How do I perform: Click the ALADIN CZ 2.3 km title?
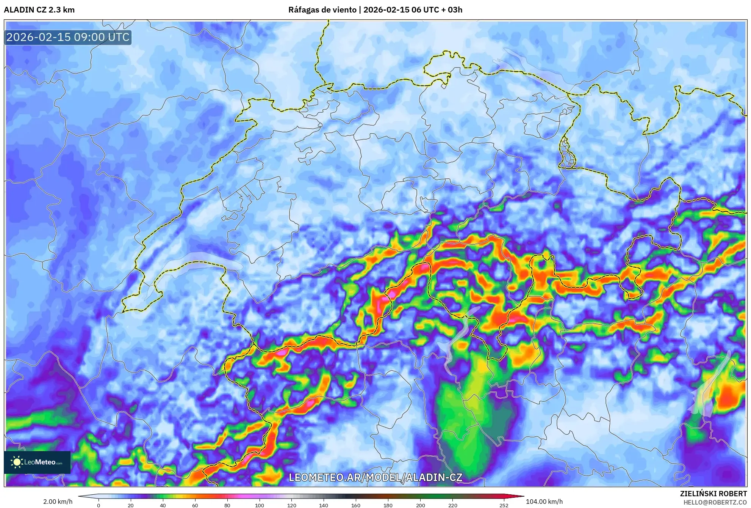tap(39, 10)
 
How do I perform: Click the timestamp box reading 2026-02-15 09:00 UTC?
tap(68, 37)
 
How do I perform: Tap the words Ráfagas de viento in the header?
tap(322, 10)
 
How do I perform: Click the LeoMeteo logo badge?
tap(37, 462)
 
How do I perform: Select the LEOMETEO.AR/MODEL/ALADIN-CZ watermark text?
tap(375, 477)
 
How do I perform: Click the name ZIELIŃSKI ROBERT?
tap(713, 494)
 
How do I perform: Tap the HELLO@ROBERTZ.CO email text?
tap(715, 502)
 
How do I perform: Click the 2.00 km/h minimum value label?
tap(58, 502)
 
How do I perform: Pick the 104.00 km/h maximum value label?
tap(544, 502)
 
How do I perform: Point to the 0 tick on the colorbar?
tap(99, 505)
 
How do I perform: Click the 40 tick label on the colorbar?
tap(163, 505)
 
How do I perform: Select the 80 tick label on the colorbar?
tap(227, 505)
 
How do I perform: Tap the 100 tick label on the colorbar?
tap(260, 505)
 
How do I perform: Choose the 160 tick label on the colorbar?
tap(356, 505)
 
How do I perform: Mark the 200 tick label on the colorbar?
tap(420, 505)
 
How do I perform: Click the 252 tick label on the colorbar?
tap(504, 505)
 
